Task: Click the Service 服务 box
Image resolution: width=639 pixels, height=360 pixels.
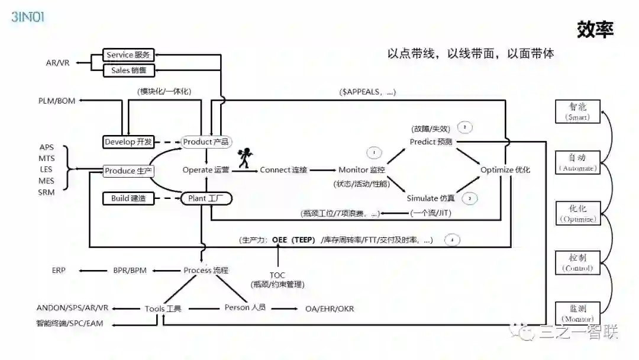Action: tap(128, 55)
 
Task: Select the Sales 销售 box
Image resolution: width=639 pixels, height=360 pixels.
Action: tap(128, 70)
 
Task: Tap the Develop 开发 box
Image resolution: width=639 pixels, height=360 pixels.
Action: tap(128, 142)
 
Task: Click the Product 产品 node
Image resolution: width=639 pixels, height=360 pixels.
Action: tap(206, 142)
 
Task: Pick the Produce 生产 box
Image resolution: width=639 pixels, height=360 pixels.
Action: tap(128, 171)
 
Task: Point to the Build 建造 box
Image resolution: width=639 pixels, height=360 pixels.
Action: tap(128, 198)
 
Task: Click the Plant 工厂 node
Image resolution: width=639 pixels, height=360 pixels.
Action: tap(206, 198)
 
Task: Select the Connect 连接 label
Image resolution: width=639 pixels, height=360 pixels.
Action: tap(283, 170)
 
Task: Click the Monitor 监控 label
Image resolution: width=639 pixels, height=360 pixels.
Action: tap(362, 170)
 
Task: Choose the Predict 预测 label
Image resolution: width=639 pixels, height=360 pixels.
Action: tap(431, 142)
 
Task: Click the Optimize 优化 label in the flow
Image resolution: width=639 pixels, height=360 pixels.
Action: tap(505, 170)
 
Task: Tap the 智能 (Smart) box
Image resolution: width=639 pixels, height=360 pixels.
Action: tap(577, 111)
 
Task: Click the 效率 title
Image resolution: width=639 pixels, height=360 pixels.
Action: tap(595, 30)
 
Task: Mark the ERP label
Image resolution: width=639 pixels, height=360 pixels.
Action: tap(59, 271)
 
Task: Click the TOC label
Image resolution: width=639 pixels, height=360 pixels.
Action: tap(277, 275)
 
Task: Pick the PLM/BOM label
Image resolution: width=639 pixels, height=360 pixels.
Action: tap(57, 101)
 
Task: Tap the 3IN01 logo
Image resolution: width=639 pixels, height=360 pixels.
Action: tap(28, 17)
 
